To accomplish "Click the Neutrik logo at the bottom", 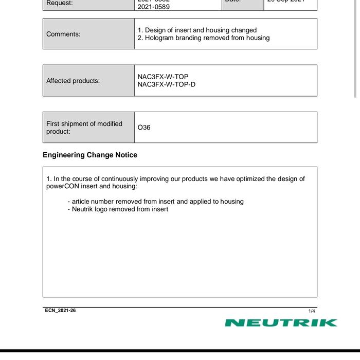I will click(281, 323).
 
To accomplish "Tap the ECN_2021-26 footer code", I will click(60, 311).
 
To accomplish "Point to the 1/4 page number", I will click(312, 311).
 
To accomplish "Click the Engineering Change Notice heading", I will click(90, 155).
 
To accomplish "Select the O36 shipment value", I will click(144, 128).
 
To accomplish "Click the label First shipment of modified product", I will click(84, 128).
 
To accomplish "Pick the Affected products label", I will click(73, 81).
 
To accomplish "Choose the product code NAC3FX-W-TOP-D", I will click(167, 84).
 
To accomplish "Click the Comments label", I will click(63, 34).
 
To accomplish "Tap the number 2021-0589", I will click(153, 7).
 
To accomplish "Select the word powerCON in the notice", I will click(63, 186).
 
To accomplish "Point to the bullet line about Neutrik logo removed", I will click(118, 209).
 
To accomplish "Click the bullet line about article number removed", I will click(155, 202).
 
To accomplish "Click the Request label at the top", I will click(60, 3).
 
